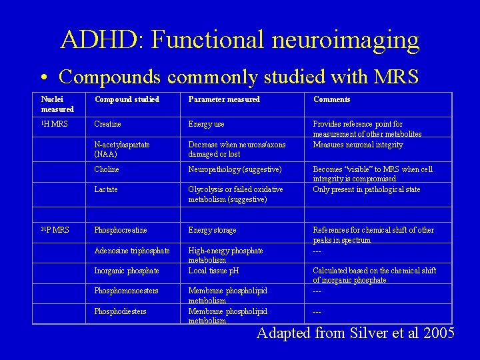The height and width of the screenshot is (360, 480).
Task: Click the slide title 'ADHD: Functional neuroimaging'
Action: tap(240, 39)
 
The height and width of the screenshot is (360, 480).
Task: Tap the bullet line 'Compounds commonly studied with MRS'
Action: tap(239, 77)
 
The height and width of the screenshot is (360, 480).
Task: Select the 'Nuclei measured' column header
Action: tap(57, 104)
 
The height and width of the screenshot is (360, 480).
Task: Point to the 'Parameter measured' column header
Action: tap(224, 99)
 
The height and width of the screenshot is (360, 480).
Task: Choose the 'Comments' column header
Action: tap(331, 99)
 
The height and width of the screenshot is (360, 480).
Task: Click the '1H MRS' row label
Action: tap(54, 124)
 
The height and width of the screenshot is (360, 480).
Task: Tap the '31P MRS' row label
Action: tap(55, 230)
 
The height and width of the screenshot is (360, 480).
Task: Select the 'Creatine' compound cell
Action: tap(108, 124)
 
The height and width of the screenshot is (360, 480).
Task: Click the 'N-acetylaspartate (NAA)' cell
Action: tap(122, 149)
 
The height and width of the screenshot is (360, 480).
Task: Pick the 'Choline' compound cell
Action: tap(107, 169)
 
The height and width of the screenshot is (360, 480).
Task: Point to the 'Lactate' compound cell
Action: tap(106, 189)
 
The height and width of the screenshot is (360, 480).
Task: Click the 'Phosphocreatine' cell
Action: tap(121, 230)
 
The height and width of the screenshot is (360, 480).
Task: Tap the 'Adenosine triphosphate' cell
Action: tap(132, 251)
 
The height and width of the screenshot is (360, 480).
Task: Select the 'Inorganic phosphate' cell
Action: tap(127, 271)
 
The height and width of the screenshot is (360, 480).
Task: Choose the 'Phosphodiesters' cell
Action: tap(120, 311)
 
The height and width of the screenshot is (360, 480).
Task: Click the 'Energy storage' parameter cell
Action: tap(213, 230)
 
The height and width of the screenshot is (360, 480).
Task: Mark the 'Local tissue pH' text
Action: tap(214, 271)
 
